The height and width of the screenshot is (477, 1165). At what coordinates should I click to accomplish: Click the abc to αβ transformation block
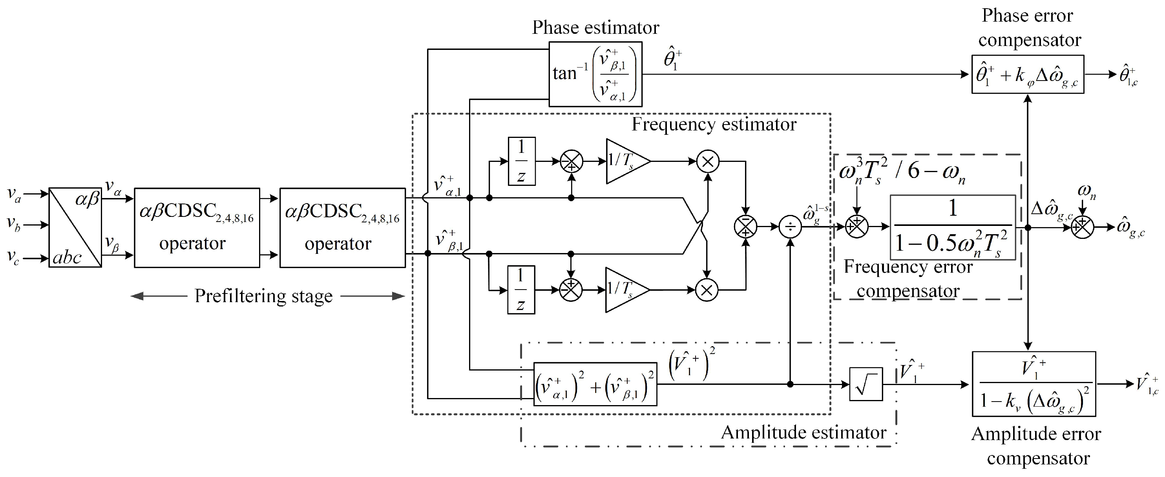[75, 227]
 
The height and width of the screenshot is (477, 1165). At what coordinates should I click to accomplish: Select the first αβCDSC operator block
[197, 227]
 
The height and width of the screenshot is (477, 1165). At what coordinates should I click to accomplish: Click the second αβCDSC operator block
[342, 227]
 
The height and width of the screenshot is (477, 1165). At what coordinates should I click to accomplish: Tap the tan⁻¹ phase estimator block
[595, 74]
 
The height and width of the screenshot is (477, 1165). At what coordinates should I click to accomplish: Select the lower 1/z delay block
[520, 290]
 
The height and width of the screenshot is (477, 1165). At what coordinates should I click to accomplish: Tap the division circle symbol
[790, 227]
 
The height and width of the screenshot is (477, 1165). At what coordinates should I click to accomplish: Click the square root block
[866, 384]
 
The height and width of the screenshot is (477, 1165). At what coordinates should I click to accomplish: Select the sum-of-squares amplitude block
[595, 384]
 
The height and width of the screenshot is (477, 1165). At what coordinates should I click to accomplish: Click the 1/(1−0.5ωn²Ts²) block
[952, 227]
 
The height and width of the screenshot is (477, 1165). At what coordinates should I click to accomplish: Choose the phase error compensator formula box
[1028, 74]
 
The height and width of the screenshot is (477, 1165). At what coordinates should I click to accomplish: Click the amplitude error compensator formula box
[1034, 384]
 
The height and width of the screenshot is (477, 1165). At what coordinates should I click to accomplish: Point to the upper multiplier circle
[708, 161]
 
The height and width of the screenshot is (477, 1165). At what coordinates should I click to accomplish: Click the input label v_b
[14, 224]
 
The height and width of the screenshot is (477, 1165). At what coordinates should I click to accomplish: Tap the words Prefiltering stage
[264, 296]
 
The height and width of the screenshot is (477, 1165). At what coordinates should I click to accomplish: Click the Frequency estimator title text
[714, 125]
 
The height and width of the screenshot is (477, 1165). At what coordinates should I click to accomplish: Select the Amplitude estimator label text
[803, 433]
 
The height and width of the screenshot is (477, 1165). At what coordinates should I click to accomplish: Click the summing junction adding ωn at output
[1082, 227]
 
